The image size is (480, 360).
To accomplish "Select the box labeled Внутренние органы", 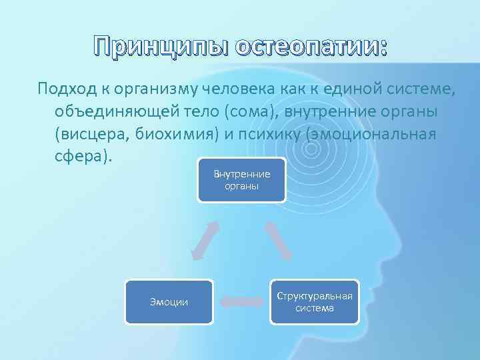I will click(x=241, y=179).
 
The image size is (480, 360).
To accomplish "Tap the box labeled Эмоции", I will click(x=169, y=302).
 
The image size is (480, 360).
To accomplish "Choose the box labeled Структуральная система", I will click(x=315, y=302).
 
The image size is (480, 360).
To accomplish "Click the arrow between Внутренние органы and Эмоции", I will click(x=205, y=240).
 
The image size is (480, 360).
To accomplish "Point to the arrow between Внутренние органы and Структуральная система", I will click(x=278, y=240).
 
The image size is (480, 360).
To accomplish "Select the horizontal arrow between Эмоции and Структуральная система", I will click(x=241, y=302).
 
